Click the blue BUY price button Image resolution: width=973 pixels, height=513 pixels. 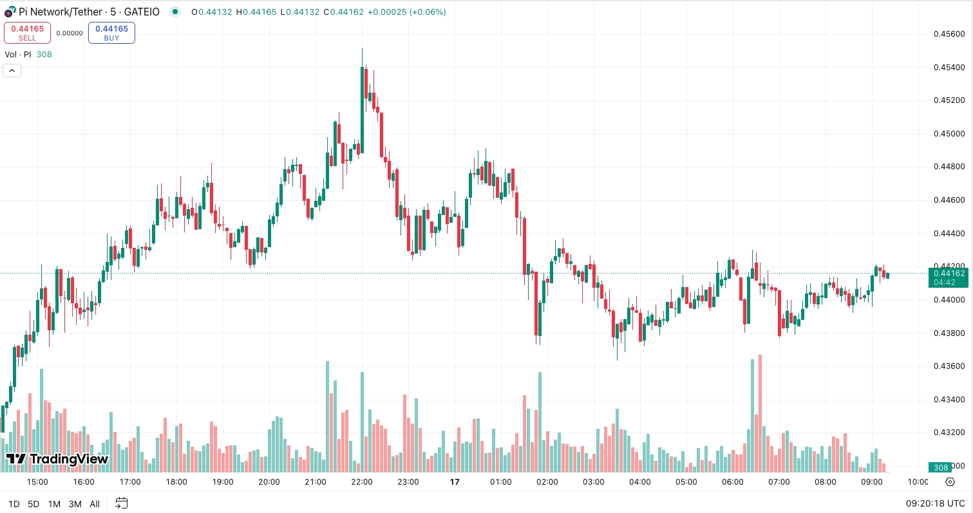pos(111,33)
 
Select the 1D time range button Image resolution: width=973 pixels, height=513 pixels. pos(14,504)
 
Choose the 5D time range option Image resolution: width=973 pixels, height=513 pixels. pos(33,504)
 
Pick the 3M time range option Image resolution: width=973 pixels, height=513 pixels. pos(75,504)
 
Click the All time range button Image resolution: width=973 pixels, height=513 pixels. pos(95,504)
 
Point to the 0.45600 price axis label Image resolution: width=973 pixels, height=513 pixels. pos(948,34)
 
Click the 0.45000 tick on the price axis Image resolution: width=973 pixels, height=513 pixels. pos(948,134)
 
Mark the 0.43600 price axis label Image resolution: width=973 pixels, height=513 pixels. pos(948,366)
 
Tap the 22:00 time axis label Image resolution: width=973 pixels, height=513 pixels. pos(362,482)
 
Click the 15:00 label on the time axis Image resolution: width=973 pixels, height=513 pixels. pos(37,482)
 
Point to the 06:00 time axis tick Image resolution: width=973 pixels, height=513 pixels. pos(733,482)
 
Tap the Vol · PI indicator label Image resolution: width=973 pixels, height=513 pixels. pos(18,55)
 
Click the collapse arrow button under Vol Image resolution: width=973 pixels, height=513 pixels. pos(12,70)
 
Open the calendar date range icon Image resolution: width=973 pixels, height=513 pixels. pos(122,503)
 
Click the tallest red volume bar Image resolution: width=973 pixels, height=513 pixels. pos(760,412)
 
